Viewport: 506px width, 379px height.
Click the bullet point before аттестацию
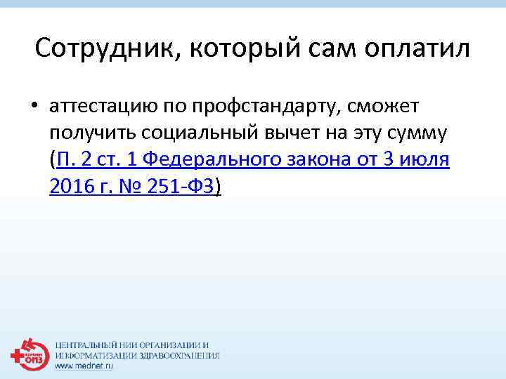35,106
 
